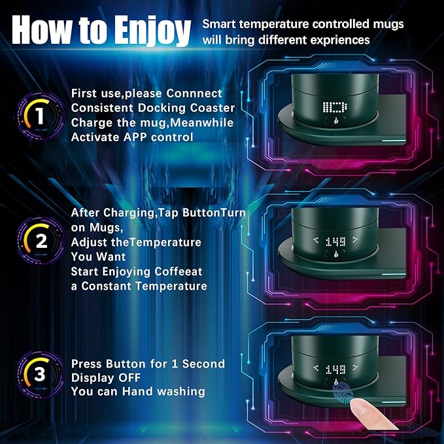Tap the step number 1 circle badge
(x=40, y=116)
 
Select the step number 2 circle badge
(x=40, y=240)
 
